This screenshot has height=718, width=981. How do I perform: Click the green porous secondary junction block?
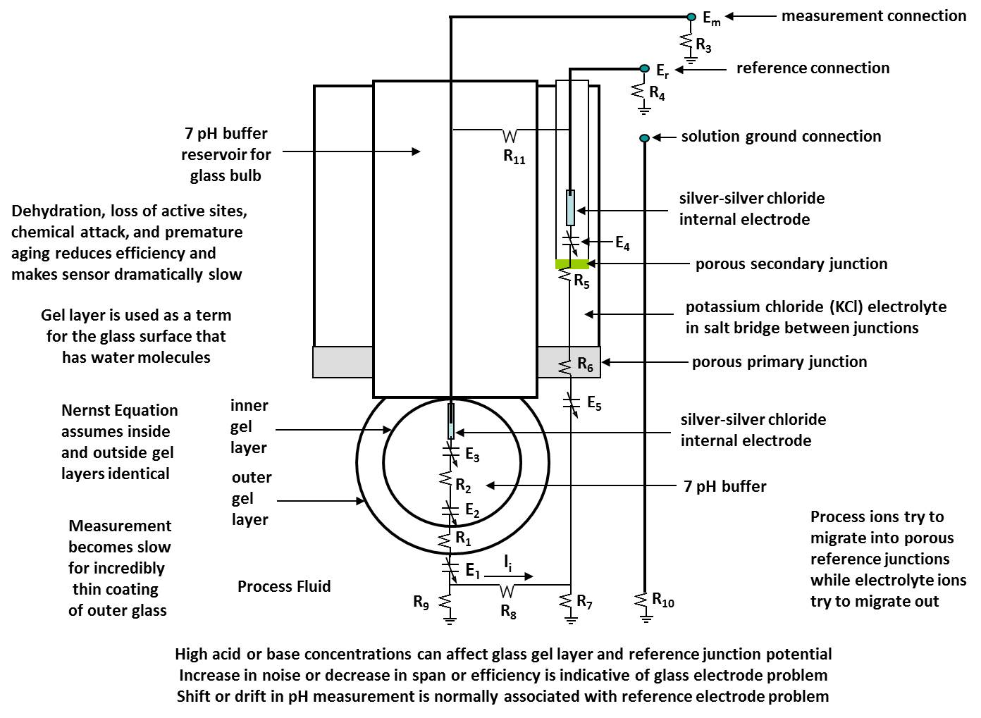[572, 264]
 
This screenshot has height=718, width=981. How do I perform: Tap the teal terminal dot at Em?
[691, 16]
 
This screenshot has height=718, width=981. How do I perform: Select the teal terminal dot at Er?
[644, 68]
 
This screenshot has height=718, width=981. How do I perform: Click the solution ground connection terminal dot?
[644, 138]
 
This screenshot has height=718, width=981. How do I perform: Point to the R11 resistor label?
[514, 157]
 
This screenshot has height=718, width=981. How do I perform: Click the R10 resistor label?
[663, 600]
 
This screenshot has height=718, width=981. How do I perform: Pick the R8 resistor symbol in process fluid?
[507, 590]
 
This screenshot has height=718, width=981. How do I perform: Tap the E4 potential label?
[622, 243]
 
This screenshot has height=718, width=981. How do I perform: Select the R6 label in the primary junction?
[585, 364]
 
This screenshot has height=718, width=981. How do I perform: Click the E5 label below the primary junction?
[594, 404]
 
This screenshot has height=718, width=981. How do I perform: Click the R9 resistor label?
[421, 602]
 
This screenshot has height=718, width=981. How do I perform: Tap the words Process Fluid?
[284, 586]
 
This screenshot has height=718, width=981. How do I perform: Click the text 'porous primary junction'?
[779, 362]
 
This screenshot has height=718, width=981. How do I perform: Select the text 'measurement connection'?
[873, 16]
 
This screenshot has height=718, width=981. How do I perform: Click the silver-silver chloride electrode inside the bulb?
[451, 421]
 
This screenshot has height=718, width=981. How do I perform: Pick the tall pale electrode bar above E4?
[570, 207]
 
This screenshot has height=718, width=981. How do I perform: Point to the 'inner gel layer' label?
[249, 426]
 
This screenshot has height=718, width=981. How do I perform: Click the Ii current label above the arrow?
[507, 562]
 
